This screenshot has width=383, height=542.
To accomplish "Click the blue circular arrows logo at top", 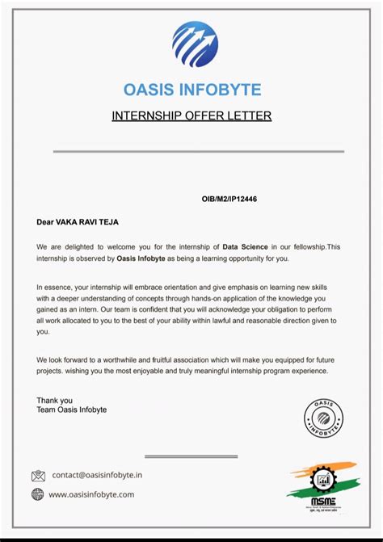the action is point(195,44).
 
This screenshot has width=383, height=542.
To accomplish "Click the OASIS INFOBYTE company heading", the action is point(192,89).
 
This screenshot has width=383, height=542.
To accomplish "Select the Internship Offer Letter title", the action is point(191,116).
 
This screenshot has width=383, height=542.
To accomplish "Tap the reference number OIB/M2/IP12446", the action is point(229,198).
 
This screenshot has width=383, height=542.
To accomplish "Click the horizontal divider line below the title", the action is point(198,151).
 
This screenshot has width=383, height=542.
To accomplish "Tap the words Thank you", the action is point(54,400).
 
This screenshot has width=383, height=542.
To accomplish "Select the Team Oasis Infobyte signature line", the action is point(71,410).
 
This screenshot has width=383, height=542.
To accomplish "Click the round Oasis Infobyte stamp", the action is point(323,419).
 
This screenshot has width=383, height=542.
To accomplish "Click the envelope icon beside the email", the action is point(38,476).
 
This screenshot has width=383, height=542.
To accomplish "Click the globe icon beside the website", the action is point(38,494).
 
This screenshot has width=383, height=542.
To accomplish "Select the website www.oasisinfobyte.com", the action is point(91,494).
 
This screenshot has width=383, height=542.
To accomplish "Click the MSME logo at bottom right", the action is point(322,489).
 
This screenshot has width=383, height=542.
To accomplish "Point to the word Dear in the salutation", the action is point(44,221).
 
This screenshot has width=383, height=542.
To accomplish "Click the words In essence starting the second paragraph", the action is point(56,287).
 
